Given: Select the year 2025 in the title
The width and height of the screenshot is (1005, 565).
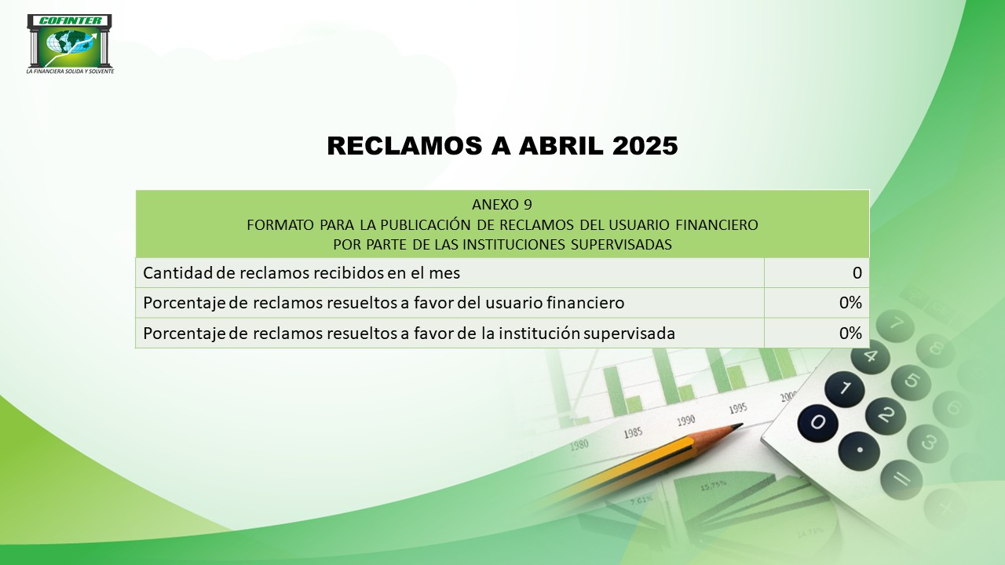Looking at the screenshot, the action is (x=645, y=146).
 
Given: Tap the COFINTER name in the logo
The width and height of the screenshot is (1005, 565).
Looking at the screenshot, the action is (x=70, y=20).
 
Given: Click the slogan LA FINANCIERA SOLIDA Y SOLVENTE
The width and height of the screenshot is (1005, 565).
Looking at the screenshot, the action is (x=70, y=71).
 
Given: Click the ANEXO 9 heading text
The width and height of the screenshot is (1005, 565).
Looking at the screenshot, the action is (x=502, y=205).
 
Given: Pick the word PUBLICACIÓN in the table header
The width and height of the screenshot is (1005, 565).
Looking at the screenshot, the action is (x=421, y=224).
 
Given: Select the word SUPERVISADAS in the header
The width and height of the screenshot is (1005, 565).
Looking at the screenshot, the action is (x=621, y=244).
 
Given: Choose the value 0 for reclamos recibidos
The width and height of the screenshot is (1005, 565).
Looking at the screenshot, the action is (x=857, y=272).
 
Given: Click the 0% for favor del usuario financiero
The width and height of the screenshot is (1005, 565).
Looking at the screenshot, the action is (x=850, y=303).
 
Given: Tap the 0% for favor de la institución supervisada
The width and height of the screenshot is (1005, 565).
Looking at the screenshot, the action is (x=850, y=334).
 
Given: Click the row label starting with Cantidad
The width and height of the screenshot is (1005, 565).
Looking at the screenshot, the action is (x=301, y=272).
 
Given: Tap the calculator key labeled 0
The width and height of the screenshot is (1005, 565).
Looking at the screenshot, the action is (x=817, y=422).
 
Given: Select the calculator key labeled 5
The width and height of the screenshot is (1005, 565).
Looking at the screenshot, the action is (x=911, y=382).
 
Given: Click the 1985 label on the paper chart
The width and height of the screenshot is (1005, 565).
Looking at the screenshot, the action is (x=633, y=433).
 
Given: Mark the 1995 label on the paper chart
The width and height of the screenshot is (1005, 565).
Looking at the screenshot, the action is (x=737, y=409).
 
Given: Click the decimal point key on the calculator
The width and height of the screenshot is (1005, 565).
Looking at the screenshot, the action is (x=859, y=450).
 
